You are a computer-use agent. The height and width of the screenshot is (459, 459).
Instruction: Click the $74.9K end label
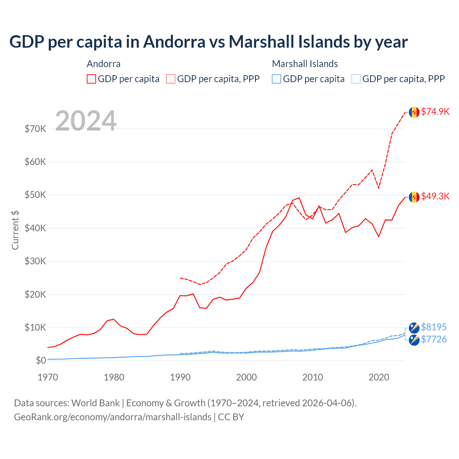coord(435,112)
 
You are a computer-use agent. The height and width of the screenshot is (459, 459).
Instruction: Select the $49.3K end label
coord(435,196)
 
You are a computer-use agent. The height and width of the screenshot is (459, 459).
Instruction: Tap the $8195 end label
coord(434,327)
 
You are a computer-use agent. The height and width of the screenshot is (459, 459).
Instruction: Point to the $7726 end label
coord(434,339)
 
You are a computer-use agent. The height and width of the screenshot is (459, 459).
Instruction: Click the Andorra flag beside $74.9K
coord(414,112)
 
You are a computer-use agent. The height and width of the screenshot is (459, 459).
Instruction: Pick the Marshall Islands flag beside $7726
coord(414,340)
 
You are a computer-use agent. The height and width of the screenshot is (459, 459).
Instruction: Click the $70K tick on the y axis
coord(36,129)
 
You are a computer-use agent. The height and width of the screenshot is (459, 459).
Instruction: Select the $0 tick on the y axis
coord(41,360)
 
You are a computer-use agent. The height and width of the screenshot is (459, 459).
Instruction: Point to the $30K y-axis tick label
coord(36,261)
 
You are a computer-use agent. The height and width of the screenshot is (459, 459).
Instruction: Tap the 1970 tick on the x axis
coord(48,377)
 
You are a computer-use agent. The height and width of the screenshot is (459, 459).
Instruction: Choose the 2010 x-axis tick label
coord(313,377)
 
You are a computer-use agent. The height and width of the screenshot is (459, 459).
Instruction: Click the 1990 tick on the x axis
coord(180,377)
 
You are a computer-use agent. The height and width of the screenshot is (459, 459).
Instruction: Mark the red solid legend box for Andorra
coord(91,79)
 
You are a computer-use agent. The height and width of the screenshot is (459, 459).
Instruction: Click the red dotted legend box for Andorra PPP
coord(171,79)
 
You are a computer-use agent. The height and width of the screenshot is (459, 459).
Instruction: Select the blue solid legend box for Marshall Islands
coord(276,79)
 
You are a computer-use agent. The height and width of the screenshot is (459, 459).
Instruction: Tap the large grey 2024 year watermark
coord(86,121)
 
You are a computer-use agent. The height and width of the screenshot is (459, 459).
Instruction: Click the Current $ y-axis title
coord(15,230)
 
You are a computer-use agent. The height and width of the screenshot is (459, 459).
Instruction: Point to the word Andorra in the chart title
coord(174,42)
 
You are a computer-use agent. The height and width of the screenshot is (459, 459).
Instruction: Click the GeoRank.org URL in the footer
coord(113,417)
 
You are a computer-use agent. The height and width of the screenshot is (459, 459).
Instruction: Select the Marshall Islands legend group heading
coord(305,64)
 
